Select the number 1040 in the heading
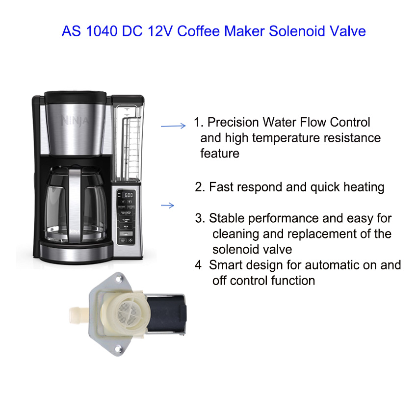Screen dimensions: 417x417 coord(102,31)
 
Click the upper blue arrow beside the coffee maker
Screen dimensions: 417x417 coord(173,126)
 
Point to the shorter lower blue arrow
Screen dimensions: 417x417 coord(168,205)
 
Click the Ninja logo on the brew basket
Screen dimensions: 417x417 coord(75,121)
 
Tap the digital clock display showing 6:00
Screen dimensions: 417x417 coord(129,195)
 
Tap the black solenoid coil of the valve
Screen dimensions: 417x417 coord(166,314)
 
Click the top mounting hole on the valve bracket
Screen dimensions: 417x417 coord(118,279)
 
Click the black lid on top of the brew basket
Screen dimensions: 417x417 coord(75,97)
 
